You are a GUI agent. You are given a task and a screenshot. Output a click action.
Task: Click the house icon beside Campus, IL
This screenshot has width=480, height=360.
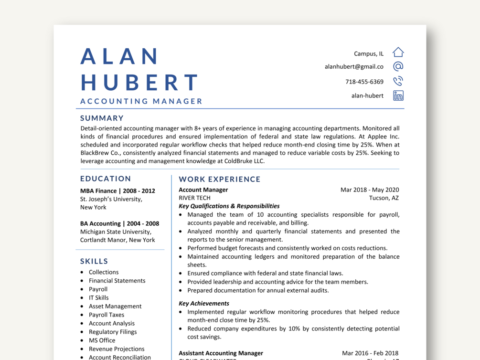(x=398, y=52)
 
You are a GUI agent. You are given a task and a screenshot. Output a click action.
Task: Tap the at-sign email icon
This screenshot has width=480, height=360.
(x=398, y=66)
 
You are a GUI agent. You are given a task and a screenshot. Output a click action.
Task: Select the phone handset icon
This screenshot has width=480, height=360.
(x=398, y=81)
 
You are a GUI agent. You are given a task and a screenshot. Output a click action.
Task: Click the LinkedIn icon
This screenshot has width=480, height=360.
(x=398, y=95)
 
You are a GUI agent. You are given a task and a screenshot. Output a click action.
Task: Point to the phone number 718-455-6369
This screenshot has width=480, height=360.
(x=364, y=82)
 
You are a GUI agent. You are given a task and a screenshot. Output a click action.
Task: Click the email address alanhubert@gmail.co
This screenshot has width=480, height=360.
(x=354, y=67)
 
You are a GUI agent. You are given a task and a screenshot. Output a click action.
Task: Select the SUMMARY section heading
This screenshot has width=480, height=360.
(x=102, y=118)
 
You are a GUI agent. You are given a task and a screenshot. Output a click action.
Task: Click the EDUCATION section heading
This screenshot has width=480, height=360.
(x=106, y=179)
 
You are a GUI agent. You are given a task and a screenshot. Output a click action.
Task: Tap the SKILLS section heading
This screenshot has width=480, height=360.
(x=94, y=261)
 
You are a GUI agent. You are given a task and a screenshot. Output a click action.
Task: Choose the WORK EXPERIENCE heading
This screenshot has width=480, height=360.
(x=220, y=180)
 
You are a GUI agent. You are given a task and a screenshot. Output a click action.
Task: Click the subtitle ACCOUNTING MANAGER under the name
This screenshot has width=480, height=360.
(x=141, y=101)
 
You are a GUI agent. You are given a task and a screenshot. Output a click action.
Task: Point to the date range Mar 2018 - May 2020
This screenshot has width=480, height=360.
(x=370, y=190)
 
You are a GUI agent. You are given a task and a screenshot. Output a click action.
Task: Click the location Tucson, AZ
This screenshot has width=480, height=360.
(x=384, y=198)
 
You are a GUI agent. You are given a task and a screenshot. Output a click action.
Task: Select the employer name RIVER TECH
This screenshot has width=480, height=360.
(x=194, y=198)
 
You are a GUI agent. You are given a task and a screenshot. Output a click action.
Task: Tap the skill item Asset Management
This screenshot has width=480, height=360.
(x=115, y=307)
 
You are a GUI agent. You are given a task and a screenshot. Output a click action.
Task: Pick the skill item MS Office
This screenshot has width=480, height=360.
(x=102, y=340)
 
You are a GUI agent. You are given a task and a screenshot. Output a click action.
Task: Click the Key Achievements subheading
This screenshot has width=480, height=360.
(x=204, y=304)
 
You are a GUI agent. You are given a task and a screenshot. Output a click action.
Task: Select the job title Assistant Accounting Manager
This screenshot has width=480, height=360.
(x=221, y=353)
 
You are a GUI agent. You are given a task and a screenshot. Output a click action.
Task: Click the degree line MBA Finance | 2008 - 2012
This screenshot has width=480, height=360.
(x=117, y=191)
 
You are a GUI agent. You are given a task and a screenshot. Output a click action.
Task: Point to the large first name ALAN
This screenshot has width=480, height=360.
(x=119, y=56)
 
